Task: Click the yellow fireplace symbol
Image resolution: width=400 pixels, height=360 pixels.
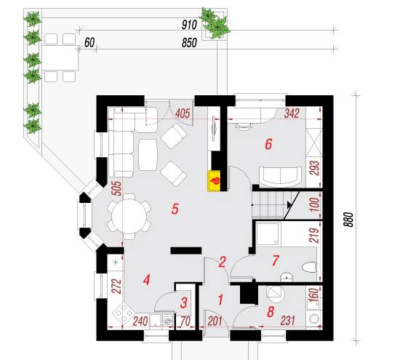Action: click(x=214, y=180)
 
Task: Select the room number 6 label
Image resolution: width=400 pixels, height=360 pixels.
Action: click(x=268, y=145)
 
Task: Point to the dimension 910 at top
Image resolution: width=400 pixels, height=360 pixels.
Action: click(x=189, y=25)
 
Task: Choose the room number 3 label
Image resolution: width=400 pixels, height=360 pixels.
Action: click(x=184, y=303)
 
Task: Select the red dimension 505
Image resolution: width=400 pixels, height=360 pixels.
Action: click(x=117, y=188)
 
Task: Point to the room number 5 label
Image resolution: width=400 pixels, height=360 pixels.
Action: click(x=175, y=209)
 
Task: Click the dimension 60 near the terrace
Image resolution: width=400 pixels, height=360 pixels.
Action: click(x=89, y=43)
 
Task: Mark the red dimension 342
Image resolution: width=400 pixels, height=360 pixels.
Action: click(x=292, y=113)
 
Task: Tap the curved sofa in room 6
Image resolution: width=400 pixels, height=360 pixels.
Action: click(x=280, y=175)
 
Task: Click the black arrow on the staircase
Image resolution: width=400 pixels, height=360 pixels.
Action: click(x=289, y=204)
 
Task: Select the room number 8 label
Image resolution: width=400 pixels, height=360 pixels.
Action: click(x=271, y=311)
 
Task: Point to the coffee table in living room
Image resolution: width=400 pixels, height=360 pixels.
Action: click(x=148, y=155)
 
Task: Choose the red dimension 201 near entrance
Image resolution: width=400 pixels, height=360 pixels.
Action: click(x=215, y=321)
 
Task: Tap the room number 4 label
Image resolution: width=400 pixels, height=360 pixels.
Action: click(x=146, y=280)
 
